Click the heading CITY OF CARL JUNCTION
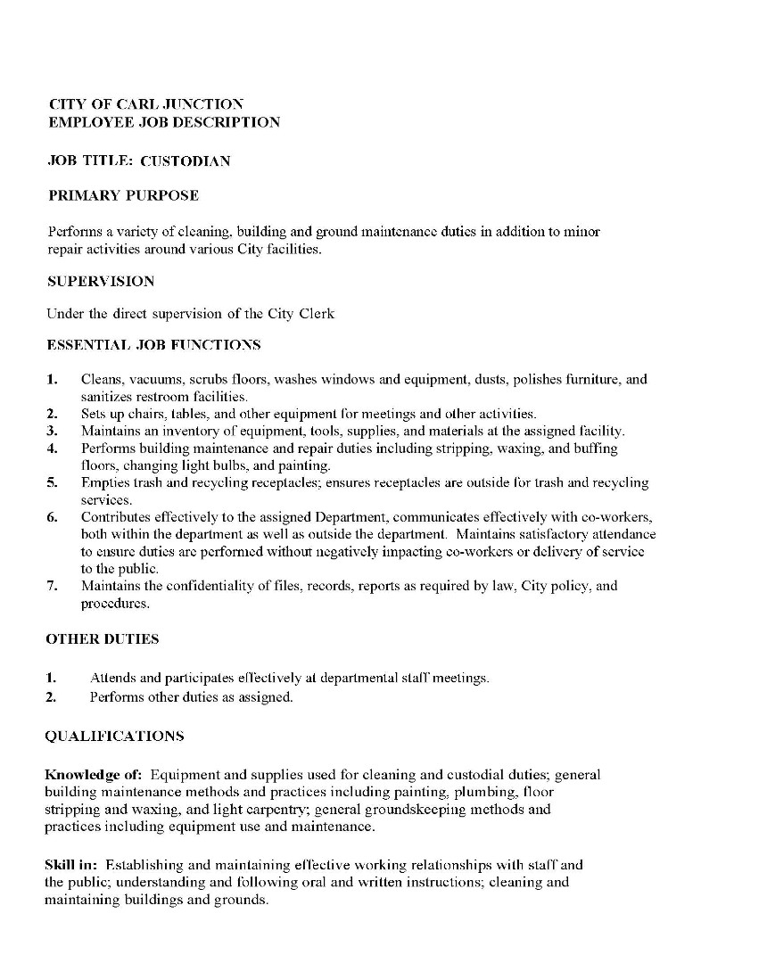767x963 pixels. point(145,104)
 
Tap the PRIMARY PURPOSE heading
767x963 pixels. point(123,195)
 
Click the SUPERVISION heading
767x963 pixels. point(100,281)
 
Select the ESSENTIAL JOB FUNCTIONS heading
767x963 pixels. point(153,344)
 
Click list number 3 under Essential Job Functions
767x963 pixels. point(53,431)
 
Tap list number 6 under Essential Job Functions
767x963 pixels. point(53,517)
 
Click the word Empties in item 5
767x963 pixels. point(103,482)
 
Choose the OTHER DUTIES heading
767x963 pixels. point(102,638)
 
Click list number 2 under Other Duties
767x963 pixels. point(51,696)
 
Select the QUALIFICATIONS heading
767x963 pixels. point(114,736)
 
